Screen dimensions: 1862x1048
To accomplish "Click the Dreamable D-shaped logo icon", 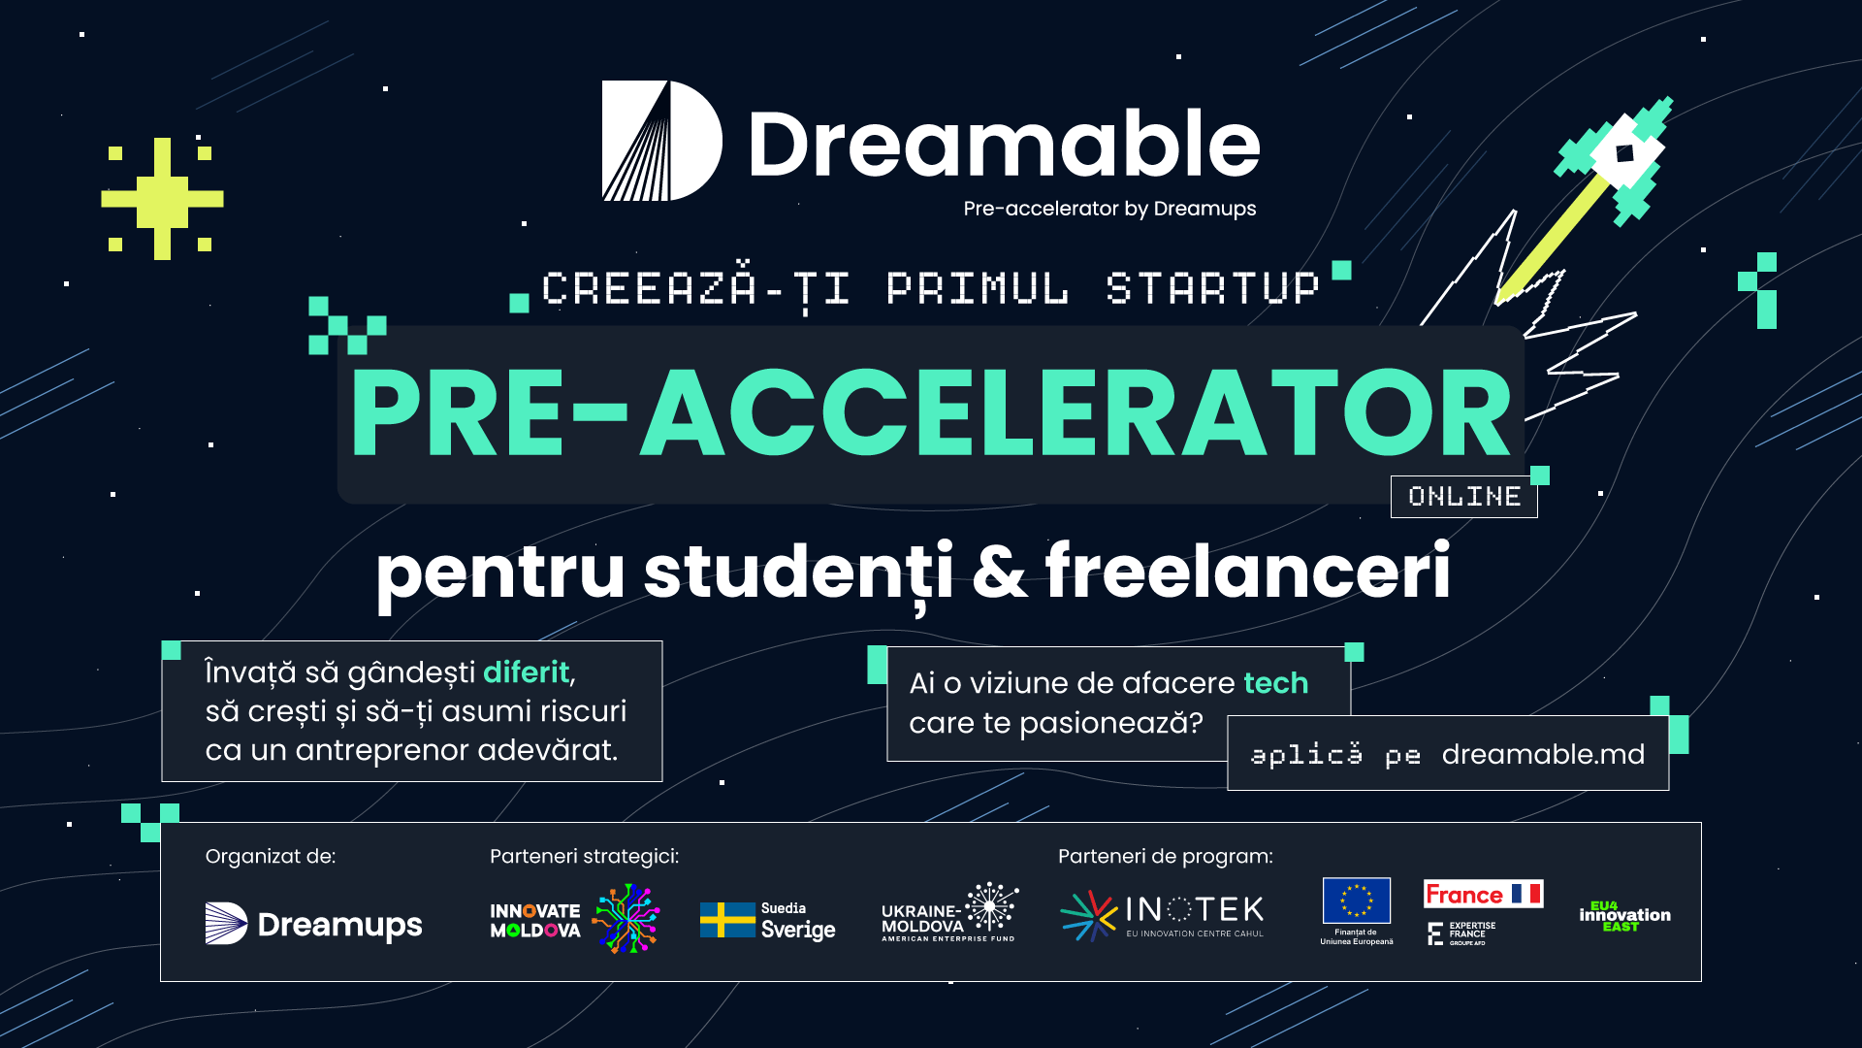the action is [662, 141].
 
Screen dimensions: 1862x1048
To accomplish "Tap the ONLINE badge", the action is [1464, 497].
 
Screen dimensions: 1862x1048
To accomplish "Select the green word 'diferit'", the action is [527, 671].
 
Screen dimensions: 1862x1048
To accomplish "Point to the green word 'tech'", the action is [1276, 683].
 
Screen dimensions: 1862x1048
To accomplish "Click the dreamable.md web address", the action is [1543, 754].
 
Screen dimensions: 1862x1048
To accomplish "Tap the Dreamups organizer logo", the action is [314, 924].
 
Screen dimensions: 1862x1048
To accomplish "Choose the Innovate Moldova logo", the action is [575, 919].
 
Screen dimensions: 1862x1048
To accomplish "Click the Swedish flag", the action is [727, 920].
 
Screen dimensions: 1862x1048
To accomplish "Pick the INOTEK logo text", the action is [1195, 909].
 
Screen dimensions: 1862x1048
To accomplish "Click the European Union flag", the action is [1357, 901].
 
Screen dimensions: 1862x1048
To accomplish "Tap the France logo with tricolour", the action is [1484, 894].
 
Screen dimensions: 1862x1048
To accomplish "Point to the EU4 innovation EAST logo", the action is [1625, 916].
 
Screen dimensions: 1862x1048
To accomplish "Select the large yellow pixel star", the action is [162, 199].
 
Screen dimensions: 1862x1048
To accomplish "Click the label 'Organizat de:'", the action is [271, 856].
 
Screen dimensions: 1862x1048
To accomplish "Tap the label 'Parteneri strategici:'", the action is [585, 856].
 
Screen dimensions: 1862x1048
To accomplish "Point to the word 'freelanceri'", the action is [1248, 571].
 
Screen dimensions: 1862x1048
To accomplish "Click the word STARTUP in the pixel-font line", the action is [1213, 288].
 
